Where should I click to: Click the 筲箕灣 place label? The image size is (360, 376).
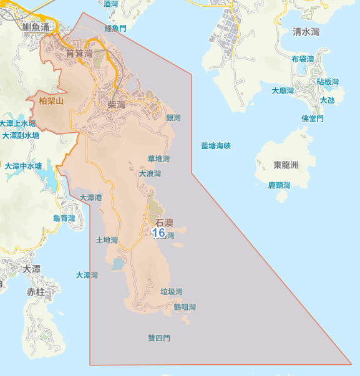79,54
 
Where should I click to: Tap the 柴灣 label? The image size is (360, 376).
117,105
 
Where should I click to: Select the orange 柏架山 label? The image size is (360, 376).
51,101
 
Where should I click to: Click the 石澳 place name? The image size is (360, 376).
164,223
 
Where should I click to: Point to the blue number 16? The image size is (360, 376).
158,233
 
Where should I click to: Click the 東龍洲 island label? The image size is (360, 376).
286,165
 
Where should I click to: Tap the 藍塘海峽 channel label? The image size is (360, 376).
216,146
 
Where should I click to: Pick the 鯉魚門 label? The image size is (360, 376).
115,29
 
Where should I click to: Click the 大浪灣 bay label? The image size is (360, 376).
150,174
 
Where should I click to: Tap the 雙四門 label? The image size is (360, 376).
158,339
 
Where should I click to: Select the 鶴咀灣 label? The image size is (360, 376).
185,307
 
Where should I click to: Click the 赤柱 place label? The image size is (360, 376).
36,292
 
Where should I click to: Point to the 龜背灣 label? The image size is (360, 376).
64,218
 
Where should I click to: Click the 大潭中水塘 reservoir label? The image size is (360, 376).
24,166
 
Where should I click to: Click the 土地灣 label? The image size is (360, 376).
107,240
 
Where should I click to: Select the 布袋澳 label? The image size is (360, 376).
303,59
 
